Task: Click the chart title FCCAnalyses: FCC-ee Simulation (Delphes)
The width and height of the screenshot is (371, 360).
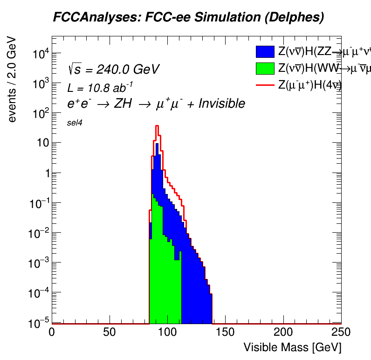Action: (188, 18)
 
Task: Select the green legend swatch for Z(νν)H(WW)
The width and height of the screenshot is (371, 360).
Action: (265, 68)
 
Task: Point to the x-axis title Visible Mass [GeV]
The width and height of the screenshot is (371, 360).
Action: (292, 347)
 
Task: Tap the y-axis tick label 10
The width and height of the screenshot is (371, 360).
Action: (39, 143)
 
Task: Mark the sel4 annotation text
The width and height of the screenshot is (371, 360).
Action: (75, 123)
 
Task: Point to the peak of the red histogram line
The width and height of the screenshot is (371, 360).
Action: (157, 125)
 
